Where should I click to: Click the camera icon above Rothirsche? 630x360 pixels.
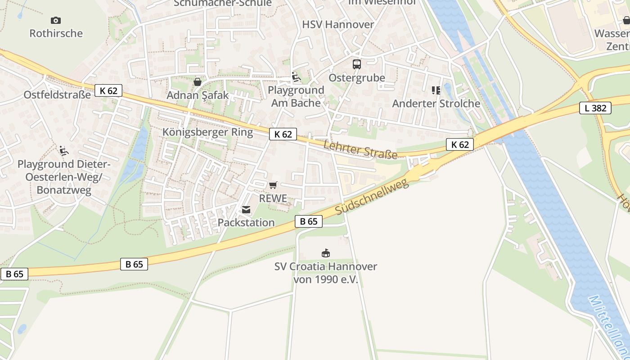(56, 20)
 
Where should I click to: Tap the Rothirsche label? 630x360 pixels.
(56, 33)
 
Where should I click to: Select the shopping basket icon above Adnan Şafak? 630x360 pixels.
(197, 82)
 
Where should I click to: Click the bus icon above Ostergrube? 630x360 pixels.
(357, 64)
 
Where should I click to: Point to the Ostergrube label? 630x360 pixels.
(357, 78)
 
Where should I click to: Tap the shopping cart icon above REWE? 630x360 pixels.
(273, 185)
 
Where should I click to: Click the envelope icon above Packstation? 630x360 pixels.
(246, 210)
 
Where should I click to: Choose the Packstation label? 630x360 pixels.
(246, 223)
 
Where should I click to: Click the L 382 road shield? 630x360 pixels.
(595, 108)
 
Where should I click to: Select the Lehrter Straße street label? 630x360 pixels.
(360, 149)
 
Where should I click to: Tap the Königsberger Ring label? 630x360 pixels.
(208, 132)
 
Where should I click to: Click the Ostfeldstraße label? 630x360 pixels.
(57, 95)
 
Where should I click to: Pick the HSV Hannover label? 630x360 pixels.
(338, 24)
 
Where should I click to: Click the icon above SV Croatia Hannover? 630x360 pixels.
(325, 253)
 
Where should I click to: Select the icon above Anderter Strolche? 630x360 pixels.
(436, 90)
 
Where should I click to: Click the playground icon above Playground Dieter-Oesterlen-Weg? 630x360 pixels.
(63, 150)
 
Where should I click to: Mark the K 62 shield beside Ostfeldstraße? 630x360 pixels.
(108, 91)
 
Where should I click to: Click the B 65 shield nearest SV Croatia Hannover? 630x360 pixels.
(309, 221)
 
